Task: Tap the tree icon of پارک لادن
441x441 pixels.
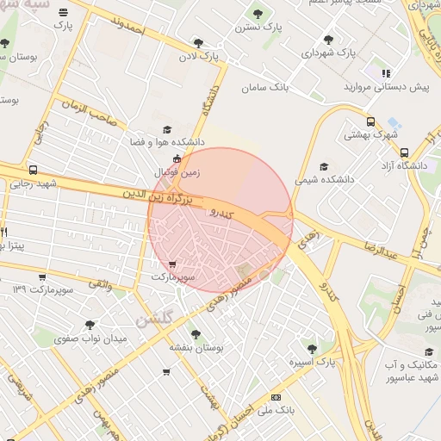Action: (198, 42)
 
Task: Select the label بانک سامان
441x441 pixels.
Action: (265, 87)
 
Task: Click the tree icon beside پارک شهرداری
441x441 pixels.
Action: (328, 39)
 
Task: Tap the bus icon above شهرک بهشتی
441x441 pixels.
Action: (370, 121)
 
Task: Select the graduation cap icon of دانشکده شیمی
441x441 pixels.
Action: (324, 167)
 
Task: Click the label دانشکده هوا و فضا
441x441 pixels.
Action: (166, 140)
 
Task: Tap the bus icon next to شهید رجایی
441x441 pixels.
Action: (33, 170)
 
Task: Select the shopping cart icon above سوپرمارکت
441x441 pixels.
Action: (173, 264)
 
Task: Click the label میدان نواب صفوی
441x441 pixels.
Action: (90, 339)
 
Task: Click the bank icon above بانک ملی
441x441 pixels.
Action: (276, 397)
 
